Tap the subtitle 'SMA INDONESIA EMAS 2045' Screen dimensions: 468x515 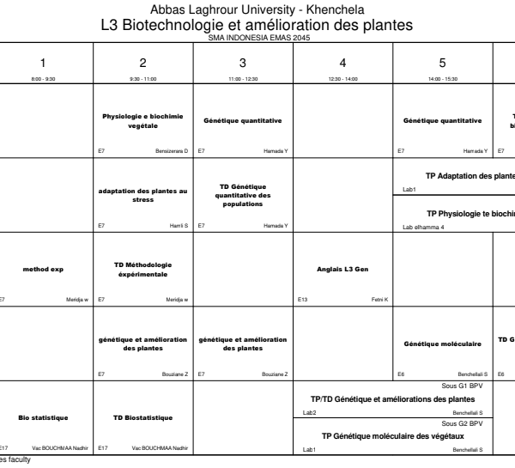(x=257, y=38)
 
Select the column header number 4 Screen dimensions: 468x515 (x=342, y=62)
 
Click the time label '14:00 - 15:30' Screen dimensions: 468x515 (x=442, y=76)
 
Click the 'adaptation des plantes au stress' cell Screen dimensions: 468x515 (x=143, y=194)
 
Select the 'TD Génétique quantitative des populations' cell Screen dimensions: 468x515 (x=243, y=194)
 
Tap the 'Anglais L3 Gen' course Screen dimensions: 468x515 (x=342, y=269)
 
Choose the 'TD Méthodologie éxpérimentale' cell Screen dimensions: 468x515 (x=143, y=269)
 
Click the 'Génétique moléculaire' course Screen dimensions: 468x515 (x=442, y=343)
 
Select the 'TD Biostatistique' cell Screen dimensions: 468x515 (x=143, y=416)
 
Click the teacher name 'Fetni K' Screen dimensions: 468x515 (x=379, y=300)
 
